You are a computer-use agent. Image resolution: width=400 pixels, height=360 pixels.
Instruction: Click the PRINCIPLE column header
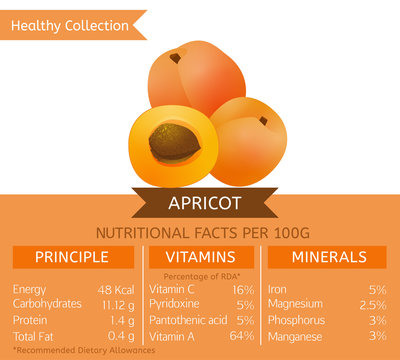pyautogui.click(x=73, y=257)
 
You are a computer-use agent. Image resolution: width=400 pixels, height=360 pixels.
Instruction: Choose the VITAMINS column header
pyautogui.click(x=202, y=257)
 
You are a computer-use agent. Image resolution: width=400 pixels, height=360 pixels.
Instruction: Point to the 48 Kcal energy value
pyautogui.click(x=116, y=289)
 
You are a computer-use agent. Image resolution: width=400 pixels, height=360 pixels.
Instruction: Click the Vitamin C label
pyautogui.click(x=172, y=289)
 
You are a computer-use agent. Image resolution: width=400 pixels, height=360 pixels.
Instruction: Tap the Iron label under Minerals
pyautogui.click(x=278, y=289)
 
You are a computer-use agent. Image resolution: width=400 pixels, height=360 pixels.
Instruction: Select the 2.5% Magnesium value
pyautogui.click(x=372, y=303)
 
